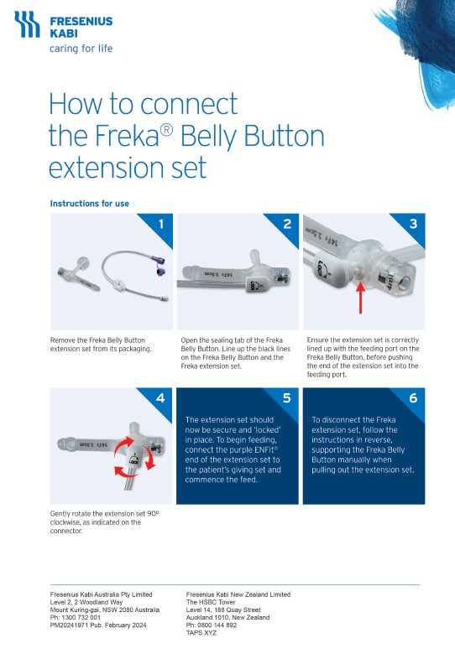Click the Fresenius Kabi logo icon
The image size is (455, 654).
[x=26, y=25]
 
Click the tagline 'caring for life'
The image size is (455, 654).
[x=81, y=49]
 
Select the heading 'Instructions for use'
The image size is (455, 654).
[x=89, y=204]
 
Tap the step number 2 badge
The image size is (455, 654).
[x=287, y=224]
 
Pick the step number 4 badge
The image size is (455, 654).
[x=160, y=398]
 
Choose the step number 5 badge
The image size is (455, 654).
[x=287, y=398]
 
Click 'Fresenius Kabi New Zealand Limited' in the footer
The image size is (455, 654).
[x=238, y=594]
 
